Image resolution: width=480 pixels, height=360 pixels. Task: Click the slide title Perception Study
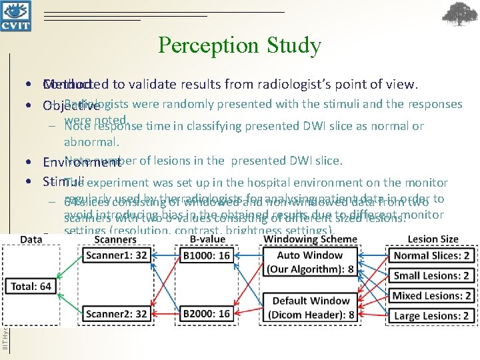(x=240, y=45)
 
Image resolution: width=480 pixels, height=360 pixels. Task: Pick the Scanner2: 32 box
(x=114, y=313)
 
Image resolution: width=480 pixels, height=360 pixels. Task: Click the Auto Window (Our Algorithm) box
(x=310, y=262)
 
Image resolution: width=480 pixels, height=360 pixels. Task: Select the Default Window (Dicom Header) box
(x=310, y=307)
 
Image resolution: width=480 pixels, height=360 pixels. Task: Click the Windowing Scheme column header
(x=310, y=239)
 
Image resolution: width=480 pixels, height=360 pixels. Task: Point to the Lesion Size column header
(x=433, y=239)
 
